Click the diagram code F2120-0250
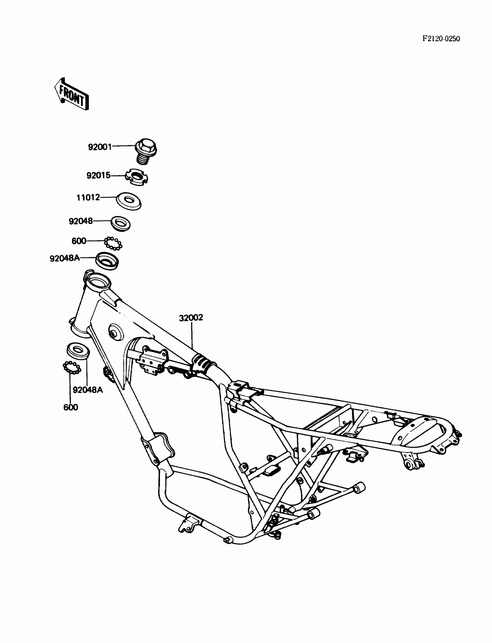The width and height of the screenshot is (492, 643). [x=441, y=39]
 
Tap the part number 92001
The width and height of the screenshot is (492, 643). [x=100, y=147]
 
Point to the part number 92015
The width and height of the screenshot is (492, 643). [x=98, y=176]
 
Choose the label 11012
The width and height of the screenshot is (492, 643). [x=88, y=198]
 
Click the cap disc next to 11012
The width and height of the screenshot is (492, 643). [x=128, y=200]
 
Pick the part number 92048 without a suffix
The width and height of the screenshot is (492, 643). [x=80, y=221]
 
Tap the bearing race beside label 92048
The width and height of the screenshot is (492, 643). [x=120, y=224]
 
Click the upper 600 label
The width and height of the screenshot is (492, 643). [x=79, y=241]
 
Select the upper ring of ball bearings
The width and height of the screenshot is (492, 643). [x=113, y=244]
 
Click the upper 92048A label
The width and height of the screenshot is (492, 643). [x=65, y=258]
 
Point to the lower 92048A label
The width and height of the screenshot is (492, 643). [x=88, y=390]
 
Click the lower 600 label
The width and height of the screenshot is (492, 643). [x=71, y=407]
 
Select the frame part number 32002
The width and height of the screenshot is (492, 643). [x=191, y=318]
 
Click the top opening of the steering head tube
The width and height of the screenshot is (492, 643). [x=98, y=281]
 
